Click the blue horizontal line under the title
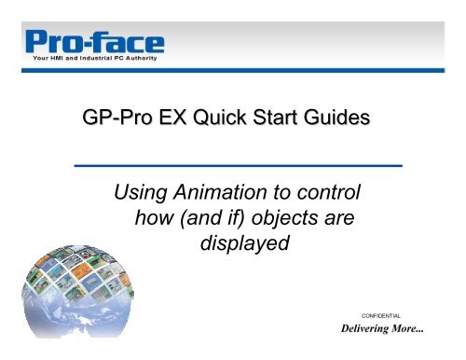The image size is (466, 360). click(237, 164)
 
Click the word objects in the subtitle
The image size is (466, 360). click(292, 222)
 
